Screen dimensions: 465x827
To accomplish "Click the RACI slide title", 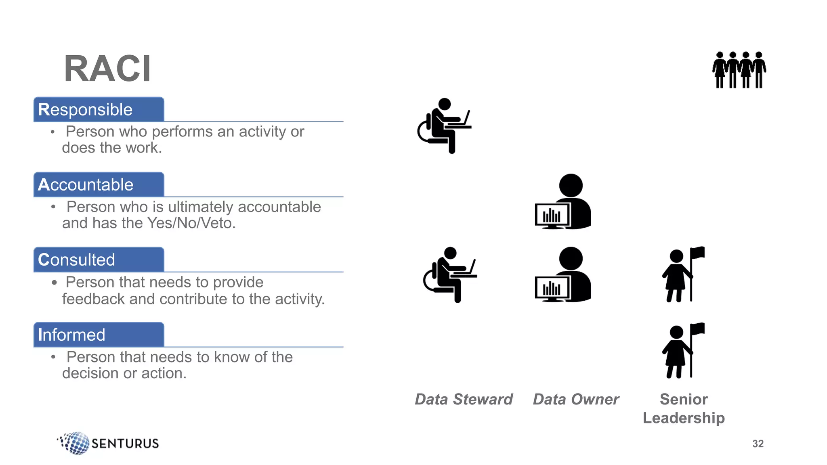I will point(107,69).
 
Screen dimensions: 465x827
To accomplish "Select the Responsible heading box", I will point(99,109).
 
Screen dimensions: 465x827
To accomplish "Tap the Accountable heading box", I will point(99,184).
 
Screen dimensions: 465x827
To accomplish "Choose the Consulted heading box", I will point(99,260).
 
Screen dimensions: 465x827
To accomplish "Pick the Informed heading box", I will point(99,335).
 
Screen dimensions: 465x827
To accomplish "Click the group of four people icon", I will point(739,69).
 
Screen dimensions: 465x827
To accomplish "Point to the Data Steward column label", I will point(464,399).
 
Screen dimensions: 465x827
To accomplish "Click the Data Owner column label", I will point(576,399).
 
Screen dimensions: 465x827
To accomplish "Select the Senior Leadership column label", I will point(684,408).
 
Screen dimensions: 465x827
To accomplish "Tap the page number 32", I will point(758,444).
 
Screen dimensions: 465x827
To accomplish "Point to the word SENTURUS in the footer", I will point(125,444).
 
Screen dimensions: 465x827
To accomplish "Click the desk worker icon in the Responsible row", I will point(444,126).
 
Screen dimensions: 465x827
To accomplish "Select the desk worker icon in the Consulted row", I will point(450,275).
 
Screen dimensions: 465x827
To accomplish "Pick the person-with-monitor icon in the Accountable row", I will point(563,201).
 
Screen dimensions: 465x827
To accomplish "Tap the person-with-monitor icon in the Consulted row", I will point(563,274).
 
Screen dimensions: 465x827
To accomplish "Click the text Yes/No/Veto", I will point(191,223).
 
